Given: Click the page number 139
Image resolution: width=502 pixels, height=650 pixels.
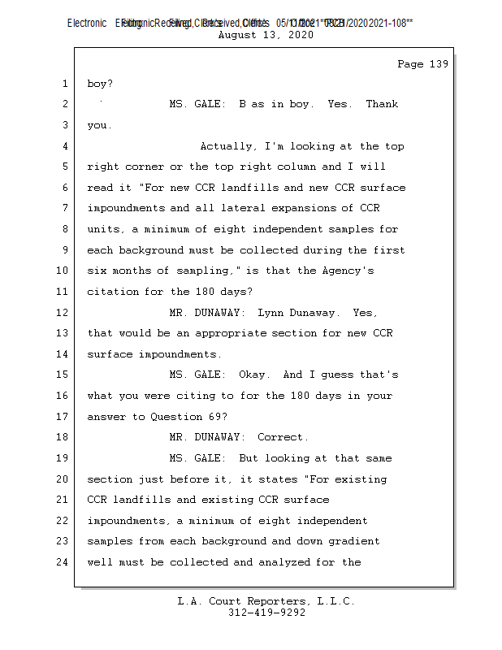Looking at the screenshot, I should (x=439, y=64).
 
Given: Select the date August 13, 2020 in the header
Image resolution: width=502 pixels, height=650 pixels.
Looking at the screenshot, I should (x=266, y=36).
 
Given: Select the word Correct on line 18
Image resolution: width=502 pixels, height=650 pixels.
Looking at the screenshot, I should (x=282, y=437).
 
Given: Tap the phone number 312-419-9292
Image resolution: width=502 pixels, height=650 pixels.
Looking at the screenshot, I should (x=266, y=613).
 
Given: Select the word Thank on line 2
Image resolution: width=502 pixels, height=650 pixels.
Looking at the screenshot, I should (x=382, y=104).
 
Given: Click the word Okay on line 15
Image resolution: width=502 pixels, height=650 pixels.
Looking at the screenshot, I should (x=253, y=375).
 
